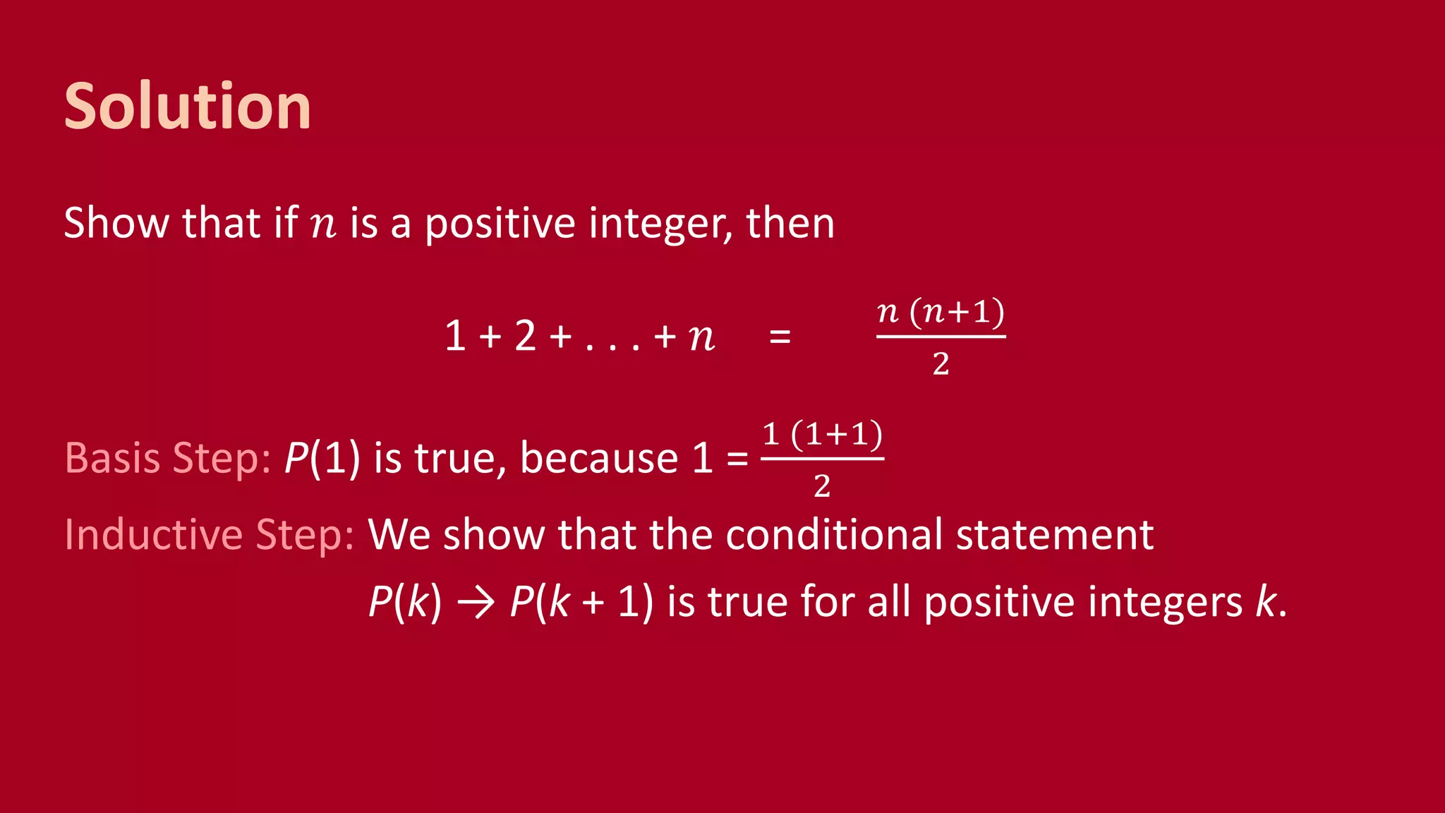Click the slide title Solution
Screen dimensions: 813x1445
pyautogui.click(x=187, y=107)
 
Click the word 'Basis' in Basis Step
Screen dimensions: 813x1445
pyautogui.click(x=112, y=458)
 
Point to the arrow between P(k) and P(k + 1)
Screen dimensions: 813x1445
pyautogui.click(x=476, y=603)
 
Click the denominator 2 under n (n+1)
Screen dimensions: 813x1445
pyautogui.click(x=941, y=364)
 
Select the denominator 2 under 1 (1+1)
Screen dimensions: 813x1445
pyautogui.click(x=822, y=486)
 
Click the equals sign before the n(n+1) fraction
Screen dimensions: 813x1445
pyautogui.click(x=780, y=337)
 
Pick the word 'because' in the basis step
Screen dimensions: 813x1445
pyautogui.click(x=598, y=458)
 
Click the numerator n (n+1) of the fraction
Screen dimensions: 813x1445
pyautogui.click(x=941, y=312)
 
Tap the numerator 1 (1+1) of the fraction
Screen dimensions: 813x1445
pyautogui.click(x=823, y=434)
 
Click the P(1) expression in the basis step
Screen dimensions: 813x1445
pyautogui.click(x=322, y=458)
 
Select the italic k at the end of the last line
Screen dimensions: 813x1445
pyautogui.click(x=1266, y=602)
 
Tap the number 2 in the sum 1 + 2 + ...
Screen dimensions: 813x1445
pyautogui.click(x=525, y=336)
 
